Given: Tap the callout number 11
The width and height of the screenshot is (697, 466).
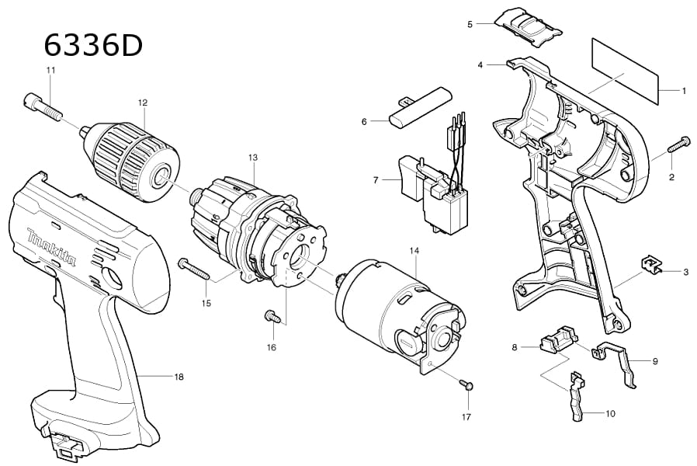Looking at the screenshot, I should pos(50,71).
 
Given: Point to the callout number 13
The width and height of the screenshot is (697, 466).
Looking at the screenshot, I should pos(252,157).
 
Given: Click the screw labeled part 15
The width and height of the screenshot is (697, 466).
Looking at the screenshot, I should pos(193,269).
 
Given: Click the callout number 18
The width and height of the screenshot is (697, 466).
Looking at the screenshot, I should pos(179,377).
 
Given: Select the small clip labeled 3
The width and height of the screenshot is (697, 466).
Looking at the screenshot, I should pos(649,265).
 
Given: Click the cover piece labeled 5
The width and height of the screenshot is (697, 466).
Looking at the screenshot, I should pos(527,24).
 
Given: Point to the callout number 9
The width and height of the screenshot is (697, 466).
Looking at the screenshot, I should pos(655,361).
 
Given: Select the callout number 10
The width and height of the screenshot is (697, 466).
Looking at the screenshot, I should pos(610,414).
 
